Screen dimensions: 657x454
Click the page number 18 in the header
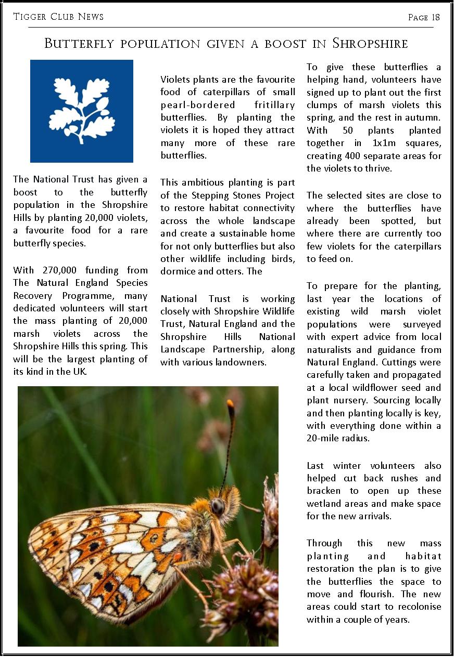[x=435, y=17]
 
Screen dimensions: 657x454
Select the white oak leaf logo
[x=82, y=111]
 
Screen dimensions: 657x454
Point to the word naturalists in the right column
[x=331, y=350]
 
